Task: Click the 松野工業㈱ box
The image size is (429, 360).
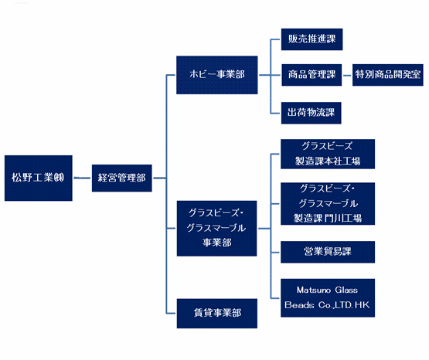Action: point(39,178)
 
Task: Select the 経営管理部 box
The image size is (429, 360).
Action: point(122,178)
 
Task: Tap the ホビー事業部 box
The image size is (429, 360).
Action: point(217,75)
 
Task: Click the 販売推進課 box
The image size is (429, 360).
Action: point(312,39)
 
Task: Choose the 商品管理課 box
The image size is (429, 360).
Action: point(312,75)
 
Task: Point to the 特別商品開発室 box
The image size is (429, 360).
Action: point(388,75)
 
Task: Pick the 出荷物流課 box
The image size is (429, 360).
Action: point(311,113)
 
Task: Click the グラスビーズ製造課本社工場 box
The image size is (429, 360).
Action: point(328,154)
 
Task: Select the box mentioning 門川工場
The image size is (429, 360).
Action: point(328,204)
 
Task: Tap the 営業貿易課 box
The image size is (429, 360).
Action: point(328,252)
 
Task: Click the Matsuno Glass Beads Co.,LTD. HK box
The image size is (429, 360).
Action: point(328,298)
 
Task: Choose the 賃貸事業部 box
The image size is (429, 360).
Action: point(217,313)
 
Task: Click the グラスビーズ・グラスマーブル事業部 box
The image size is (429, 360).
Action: point(216,228)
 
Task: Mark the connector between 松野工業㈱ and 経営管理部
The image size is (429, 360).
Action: point(82,178)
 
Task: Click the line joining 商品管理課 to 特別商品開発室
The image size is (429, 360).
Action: point(347,75)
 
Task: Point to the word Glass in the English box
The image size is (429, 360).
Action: point(346,290)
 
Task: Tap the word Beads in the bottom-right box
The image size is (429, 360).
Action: point(299,305)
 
